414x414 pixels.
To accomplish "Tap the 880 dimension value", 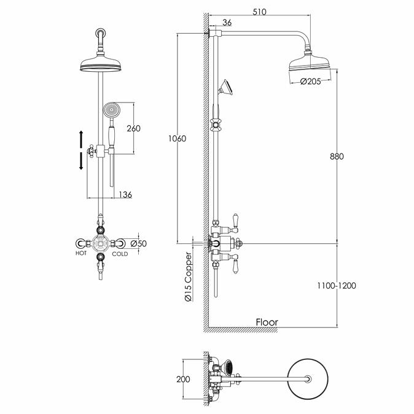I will [x=336, y=156].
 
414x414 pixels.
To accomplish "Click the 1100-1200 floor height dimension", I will [x=337, y=286].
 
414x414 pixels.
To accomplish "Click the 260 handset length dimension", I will [x=133, y=128].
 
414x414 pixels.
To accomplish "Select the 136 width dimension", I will [x=125, y=194].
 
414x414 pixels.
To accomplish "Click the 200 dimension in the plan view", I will [x=183, y=380].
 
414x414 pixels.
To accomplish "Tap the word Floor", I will [x=267, y=322].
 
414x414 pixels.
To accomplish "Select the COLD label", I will [x=120, y=254].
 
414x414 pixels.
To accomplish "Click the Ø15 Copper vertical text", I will [x=189, y=276].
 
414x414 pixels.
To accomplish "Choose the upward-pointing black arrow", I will [x=81, y=138].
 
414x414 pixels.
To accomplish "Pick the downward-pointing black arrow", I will [x=81, y=162].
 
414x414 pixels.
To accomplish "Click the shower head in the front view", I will [x=99, y=64].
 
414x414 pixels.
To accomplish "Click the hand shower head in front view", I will [x=111, y=112].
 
